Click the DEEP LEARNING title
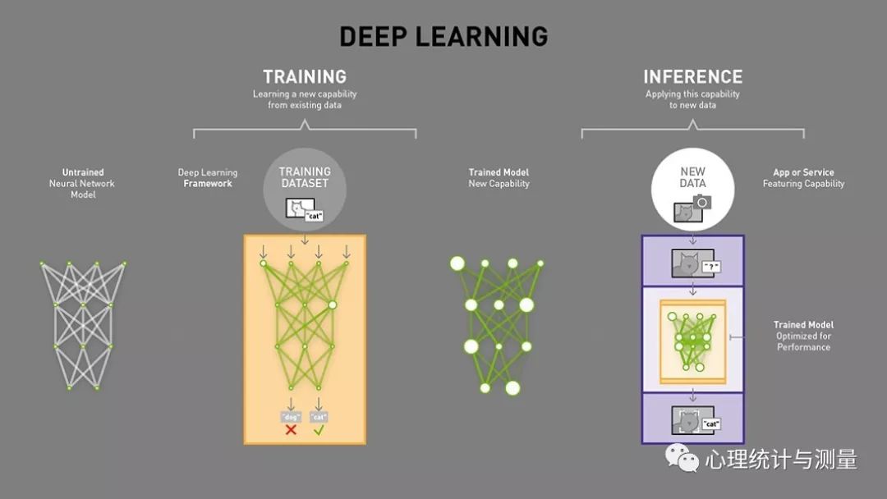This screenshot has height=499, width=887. pos(443,37)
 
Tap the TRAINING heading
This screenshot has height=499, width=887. pos(305,77)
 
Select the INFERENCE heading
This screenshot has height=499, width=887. pos(693,77)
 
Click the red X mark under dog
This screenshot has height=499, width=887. pos(291,430)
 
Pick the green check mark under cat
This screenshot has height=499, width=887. pos(319,430)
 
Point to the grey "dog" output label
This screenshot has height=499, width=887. pos(291,417)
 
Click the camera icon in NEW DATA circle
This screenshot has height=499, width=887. pos(702,202)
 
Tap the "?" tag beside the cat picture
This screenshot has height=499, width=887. pos(711,267)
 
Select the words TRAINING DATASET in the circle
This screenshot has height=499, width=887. pos(305,177)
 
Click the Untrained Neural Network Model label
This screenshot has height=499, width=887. pos(83,183)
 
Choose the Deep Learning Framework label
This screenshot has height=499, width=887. pos(208,178)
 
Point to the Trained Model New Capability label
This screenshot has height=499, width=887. pos(499,178)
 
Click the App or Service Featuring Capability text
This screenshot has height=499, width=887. pos(803,178)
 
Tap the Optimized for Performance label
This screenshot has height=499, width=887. pos(803,341)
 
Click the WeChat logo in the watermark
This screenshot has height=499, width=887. pos(682,458)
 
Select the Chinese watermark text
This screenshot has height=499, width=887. pos(781,460)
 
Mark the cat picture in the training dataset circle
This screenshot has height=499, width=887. pos(300,208)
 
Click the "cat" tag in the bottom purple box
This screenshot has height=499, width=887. pos(711,423)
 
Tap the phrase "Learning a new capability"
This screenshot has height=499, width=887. pos(305,94)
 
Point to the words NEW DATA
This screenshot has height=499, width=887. pos(693,177)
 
